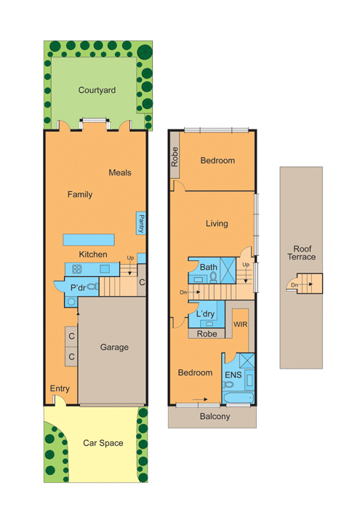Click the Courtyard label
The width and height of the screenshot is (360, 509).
(x=97, y=90)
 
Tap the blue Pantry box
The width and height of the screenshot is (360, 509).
(x=141, y=223)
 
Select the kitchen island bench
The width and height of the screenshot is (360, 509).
(x=89, y=239)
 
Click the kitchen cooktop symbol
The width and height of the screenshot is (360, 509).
(x=76, y=269)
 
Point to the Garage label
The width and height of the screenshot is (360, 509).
(x=114, y=347)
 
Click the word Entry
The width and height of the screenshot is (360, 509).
(x=60, y=388)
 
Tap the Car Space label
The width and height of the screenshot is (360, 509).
(x=103, y=443)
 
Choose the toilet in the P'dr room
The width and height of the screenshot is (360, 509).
(x=93, y=286)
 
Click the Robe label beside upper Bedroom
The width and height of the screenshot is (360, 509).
(x=175, y=157)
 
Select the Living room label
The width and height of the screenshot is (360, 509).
(x=217, y=223)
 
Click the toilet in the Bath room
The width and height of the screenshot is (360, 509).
(x=213, y=277)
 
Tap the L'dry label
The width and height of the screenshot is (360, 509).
(x=206, y=313)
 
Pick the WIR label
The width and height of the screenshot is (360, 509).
(x=240, y=324)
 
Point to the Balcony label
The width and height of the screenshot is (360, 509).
(x=215, y=416)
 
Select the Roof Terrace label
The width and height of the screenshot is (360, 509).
(x=302, y=253)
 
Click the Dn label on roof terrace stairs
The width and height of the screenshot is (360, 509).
(x=294, y=285)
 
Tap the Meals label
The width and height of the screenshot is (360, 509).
(x=120, y=172)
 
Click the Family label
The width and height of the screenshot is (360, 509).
(x=80, y=194)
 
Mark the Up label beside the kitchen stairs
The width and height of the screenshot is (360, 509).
(x=130, y=257)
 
